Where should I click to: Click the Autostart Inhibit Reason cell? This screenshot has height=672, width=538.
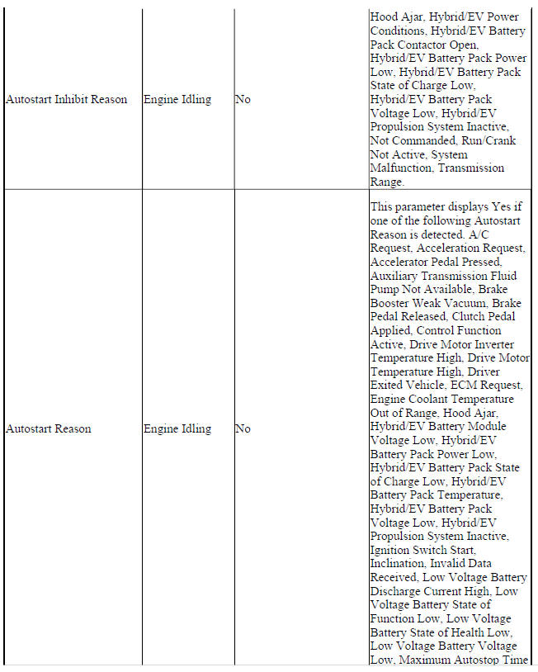(66, 99)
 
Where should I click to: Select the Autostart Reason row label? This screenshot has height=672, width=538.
(49, 428)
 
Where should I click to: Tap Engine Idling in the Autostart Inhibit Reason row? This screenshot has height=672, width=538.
(177, 99)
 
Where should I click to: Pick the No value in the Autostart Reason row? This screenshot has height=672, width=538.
(243, 428)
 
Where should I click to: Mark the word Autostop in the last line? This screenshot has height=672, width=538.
(479, 659)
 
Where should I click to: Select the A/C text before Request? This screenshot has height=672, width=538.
(512, 234)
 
